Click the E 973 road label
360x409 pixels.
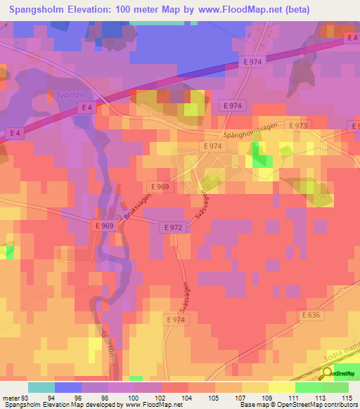coord(297,126)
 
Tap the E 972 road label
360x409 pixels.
coord(174,228)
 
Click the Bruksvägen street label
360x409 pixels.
coord(137,211)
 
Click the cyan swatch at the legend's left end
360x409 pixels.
coord(41,387)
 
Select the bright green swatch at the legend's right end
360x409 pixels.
coord(335,387)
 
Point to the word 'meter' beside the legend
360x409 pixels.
coord(9,398)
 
